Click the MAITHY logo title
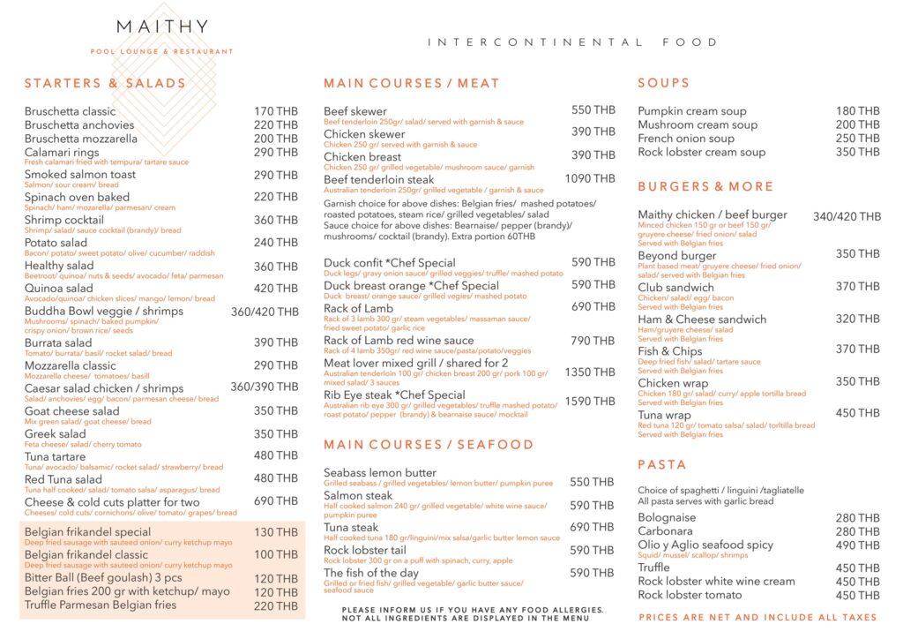pos(162,26)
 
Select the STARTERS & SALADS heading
pos(105,84)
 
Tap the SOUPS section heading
pos(663,83)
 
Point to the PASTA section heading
pos(661,464)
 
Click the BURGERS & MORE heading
pos(705,187)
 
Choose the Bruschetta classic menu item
pos(70,111)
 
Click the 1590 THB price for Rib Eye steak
pos(591,402)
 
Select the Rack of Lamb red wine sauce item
pos(399,341)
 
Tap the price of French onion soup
pos(858,139)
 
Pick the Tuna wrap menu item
pos(664,415)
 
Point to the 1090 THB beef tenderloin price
pos(590,178)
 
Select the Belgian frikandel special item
pos(87,532)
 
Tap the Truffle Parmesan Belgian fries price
pos(275,605)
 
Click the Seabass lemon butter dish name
pos(379,473)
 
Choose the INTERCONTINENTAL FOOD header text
pos(572,42)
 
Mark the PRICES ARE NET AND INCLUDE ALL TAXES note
pos(757,618)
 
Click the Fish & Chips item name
pos(669,351)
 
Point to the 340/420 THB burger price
pos(847,217)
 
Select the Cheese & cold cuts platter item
pos(112,501)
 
